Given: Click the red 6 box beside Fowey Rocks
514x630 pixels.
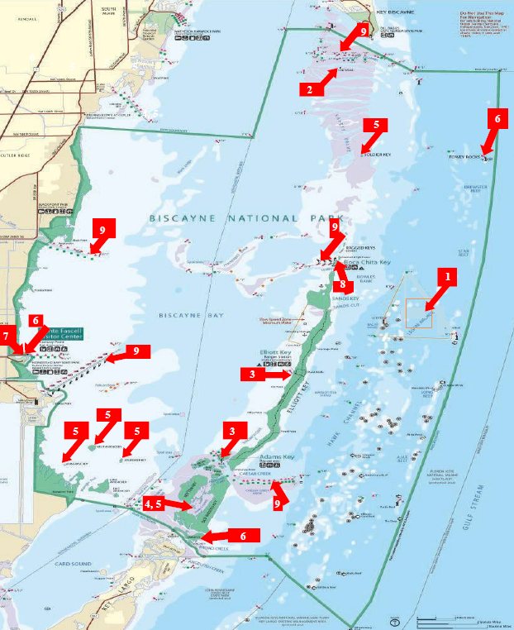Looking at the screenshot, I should coord(497,119).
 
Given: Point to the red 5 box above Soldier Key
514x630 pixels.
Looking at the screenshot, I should coord(376,125).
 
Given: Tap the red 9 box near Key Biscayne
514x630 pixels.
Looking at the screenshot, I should coord(364,31).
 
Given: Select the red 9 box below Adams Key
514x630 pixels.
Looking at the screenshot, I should coord(277,503).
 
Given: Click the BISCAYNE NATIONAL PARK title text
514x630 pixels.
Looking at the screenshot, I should coord(223,218).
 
